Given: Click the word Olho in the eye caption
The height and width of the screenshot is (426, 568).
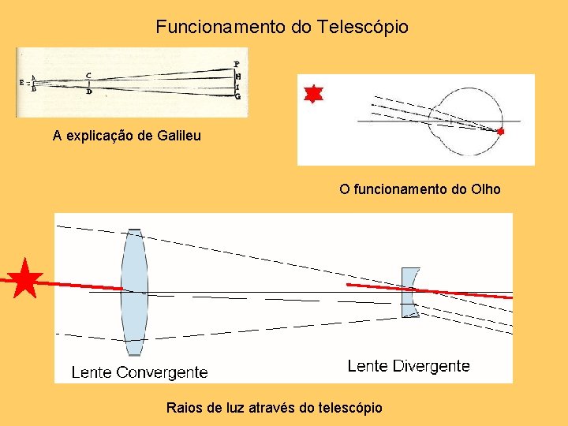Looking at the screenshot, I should pos(485,189).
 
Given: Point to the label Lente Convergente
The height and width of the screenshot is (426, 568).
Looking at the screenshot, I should pos(140,372).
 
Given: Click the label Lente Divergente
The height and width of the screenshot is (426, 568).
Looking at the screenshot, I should pos(408,366).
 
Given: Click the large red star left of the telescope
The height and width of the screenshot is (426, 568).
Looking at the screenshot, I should pos(27,278).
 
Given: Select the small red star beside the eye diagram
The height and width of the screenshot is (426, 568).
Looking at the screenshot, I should pos(313,94).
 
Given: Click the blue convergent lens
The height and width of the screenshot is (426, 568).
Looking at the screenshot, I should pos(134,292).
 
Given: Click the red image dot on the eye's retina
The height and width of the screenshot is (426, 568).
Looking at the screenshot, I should pos(500,132).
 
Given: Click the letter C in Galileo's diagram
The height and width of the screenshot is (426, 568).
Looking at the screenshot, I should pos(88,75).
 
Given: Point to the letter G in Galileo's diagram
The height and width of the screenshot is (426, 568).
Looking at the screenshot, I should pos(237,96).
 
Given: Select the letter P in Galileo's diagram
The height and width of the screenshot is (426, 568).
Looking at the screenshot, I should pos(237,64).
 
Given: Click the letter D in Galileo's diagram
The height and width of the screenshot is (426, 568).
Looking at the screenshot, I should pos(88,92).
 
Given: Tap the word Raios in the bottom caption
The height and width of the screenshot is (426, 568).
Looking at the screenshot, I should pos(184,408).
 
